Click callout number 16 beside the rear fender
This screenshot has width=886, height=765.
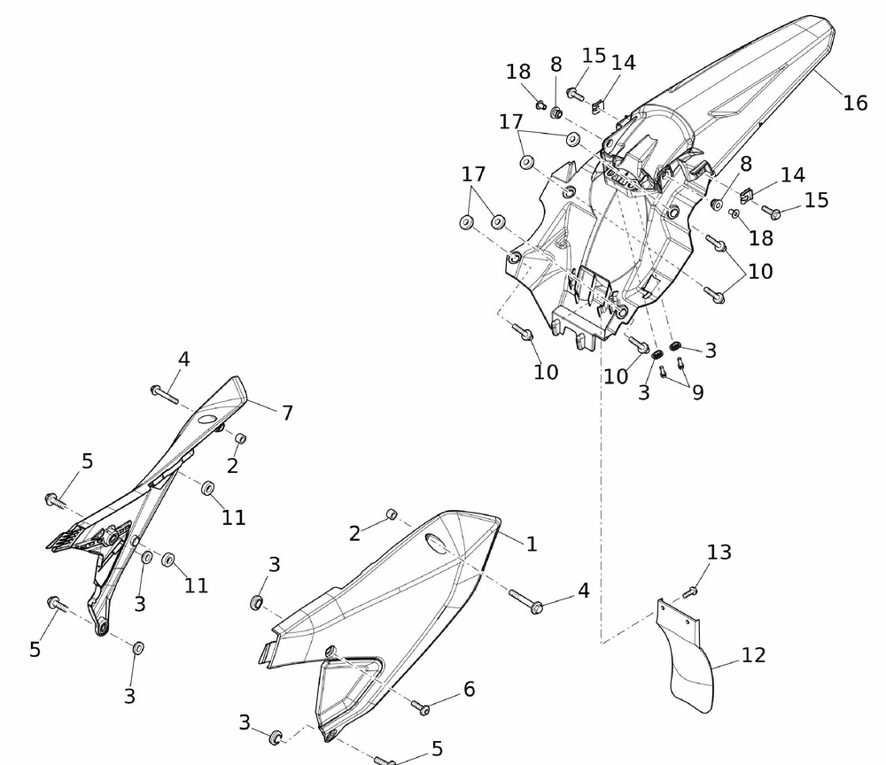click(855, 103)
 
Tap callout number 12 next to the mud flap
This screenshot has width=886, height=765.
click(753, 655)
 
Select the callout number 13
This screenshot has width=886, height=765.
click(719, 552)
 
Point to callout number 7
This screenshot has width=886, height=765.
click(287, 412)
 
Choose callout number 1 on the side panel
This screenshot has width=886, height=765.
click(532, 544)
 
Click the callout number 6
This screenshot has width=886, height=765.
click(469, 689)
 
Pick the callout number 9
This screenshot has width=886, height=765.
click(698, 391)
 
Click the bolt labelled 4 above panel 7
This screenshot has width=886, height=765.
click(163, 392)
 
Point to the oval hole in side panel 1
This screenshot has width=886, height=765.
click(439, 543)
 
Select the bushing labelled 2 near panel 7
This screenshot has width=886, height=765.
click(239, 438)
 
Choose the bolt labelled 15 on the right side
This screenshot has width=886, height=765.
click(770, 212)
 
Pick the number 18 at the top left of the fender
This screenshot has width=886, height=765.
click(518, 73)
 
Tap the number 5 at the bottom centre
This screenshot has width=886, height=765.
click(437, 749)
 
